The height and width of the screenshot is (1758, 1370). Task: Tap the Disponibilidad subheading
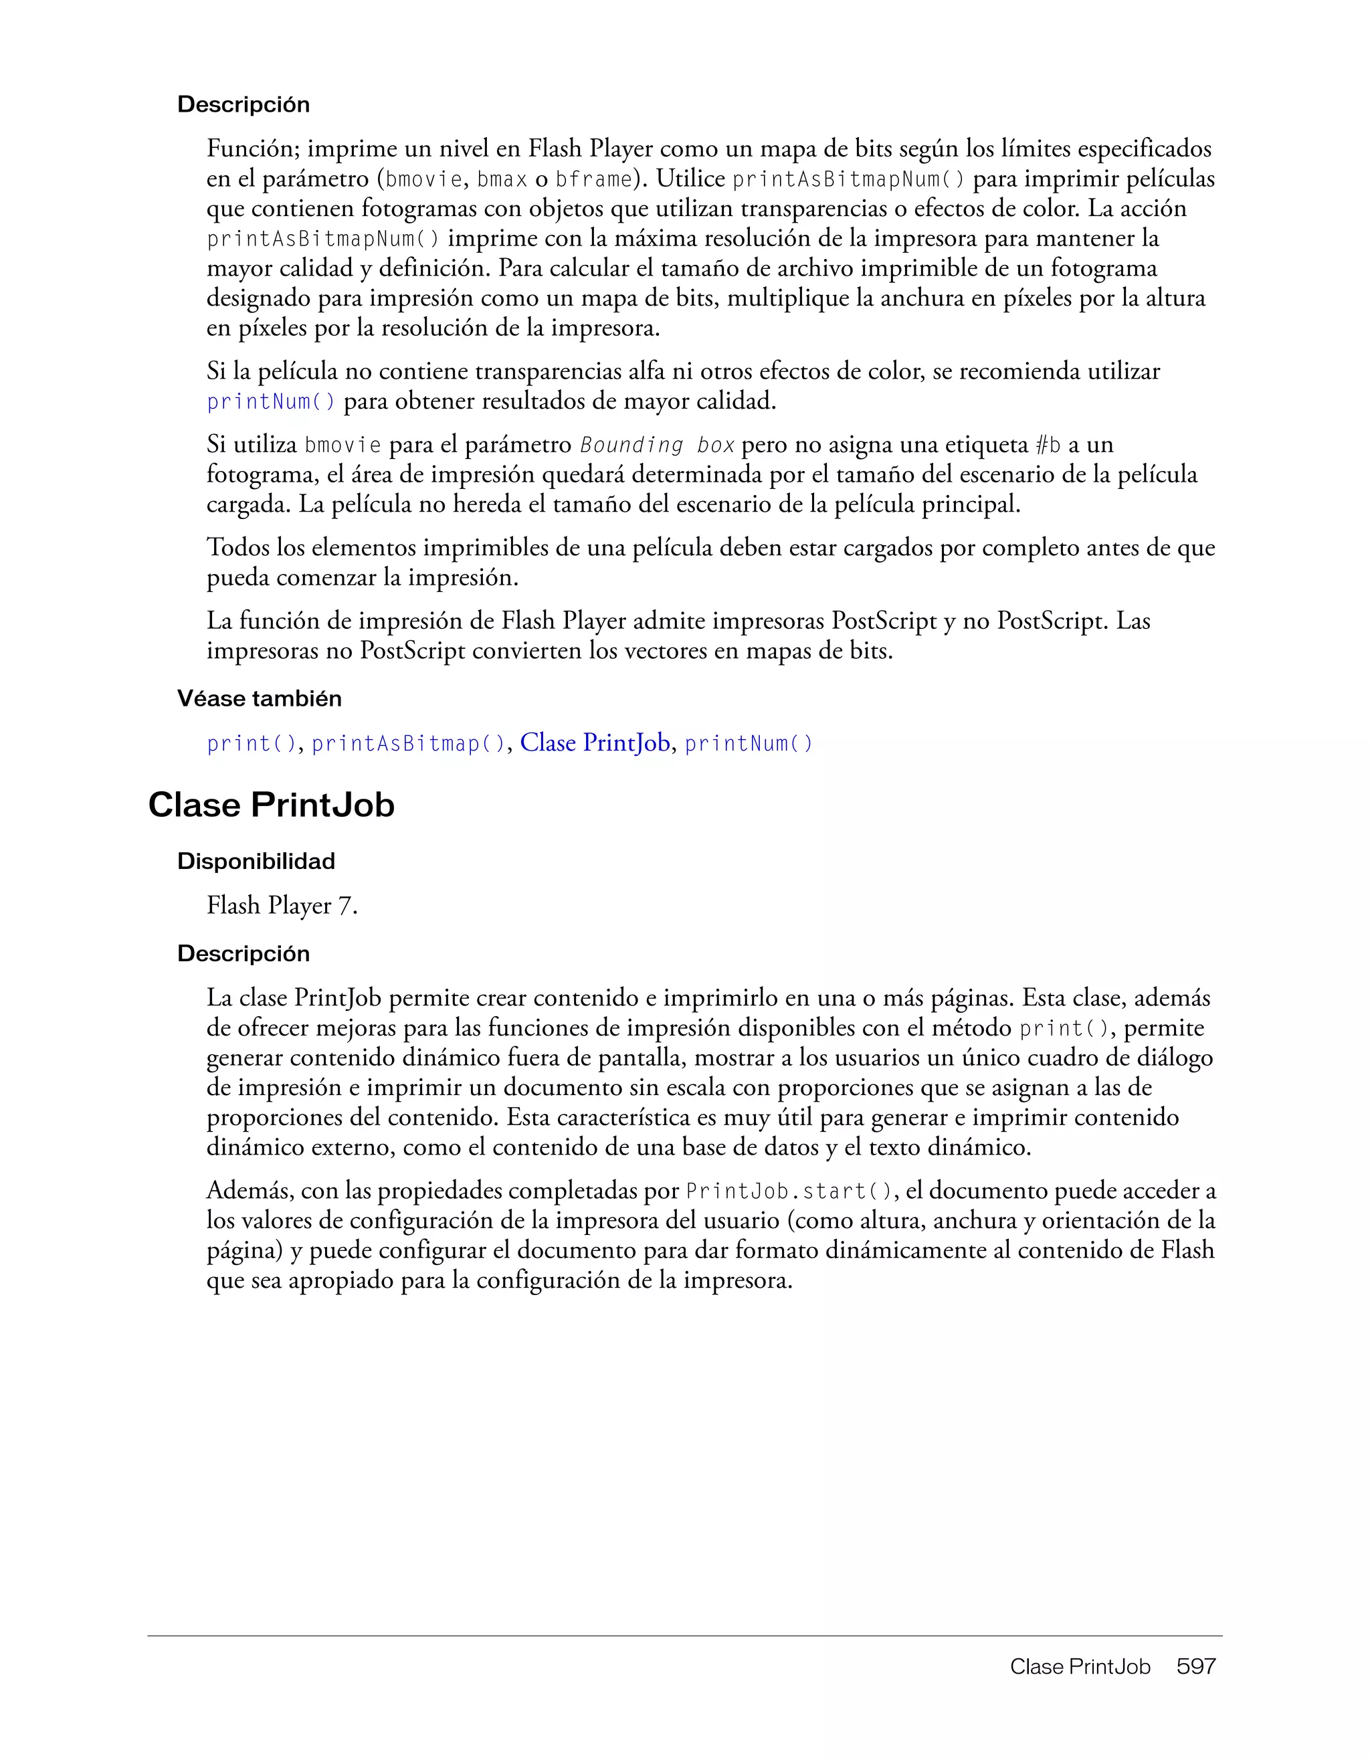pyautogui.click(x=256, y=862)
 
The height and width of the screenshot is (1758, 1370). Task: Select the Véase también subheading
pyautogui.click(x=259, y=698)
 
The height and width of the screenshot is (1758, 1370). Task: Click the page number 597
pyautogui.click(x=1195, y=1666)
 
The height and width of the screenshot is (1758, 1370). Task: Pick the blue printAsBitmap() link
pyautogui.click(x=408, y=744)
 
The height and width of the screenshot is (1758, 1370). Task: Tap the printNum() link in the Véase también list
pyautogui.click(x=749, y=744)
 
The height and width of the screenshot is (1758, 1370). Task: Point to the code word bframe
pyautogui.click(x=594, y=179)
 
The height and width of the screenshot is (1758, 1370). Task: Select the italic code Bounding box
pyautogui.click(x=657, y=445)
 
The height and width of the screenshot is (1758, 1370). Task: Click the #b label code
pyautogui.click(x=1048, y=445)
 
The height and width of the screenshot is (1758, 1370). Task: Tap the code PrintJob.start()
pyautogui.click(x=789, y=1191)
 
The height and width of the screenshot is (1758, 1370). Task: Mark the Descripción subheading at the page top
pyautogui.click(x=243, y=104)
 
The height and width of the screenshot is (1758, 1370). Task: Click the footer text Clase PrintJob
pyautogui.click(x=1080, y=1666)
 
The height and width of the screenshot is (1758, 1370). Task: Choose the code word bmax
pyautogui.click(x=502, y=179)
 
